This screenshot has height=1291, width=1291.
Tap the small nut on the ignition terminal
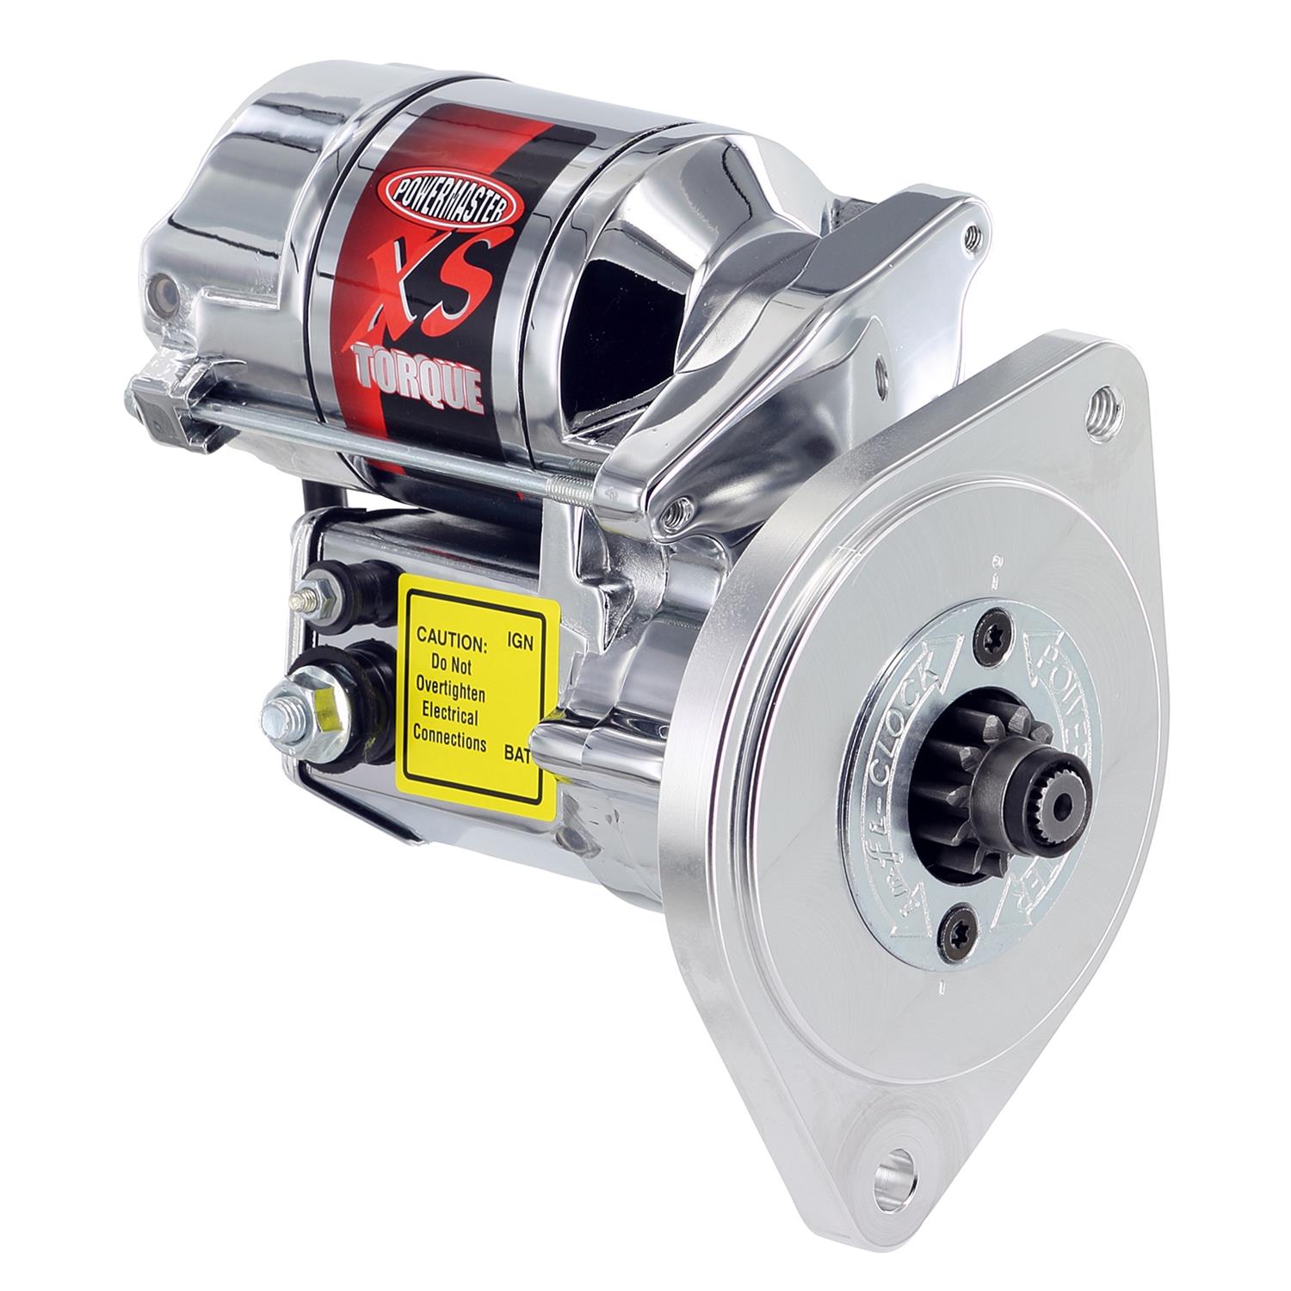click(307, 596)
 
